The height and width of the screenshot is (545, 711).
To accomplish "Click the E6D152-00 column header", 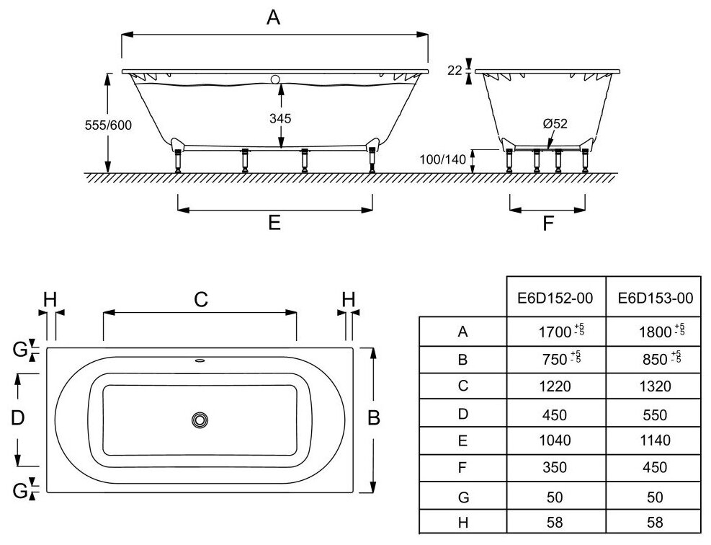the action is click(555, 298).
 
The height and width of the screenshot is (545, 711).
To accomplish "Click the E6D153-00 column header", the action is click(653, 298).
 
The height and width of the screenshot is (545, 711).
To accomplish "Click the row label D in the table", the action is click(462, 413).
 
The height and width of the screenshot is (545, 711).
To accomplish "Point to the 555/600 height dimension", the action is click(108, 125).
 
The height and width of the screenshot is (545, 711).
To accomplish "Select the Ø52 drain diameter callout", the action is click(555, 123).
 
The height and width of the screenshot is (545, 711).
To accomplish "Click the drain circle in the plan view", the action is click(200, 420).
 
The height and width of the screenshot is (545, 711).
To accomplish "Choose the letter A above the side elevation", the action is click(273, 18).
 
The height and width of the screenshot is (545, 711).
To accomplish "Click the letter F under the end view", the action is click(547, 223).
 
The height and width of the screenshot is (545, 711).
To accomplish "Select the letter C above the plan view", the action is click(200, 299).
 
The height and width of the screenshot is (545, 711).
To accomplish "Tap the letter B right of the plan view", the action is click(373, 418).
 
